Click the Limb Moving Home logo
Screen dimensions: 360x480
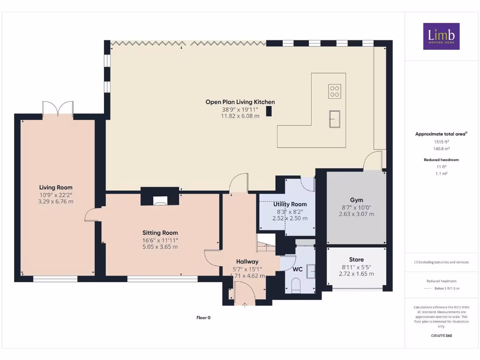(441, 36)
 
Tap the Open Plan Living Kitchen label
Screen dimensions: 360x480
(240, 102)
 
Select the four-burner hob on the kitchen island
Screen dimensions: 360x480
(335, 91)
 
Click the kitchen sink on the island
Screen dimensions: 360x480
(335, 119)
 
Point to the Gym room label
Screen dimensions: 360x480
(356, 200)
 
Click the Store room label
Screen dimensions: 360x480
(356, 259)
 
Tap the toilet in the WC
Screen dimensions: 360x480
(296, 285)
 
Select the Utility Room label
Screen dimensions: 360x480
(290, 204)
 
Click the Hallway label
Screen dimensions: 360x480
(247, 262)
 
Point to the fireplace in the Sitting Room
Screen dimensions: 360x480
(160, 202)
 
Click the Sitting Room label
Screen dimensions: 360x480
(160, 232)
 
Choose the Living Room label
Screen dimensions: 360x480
(56, 187)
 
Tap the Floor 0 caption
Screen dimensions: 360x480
(203, 317)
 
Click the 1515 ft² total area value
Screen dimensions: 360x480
(441, 141)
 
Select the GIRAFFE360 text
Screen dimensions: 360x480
(441, 336)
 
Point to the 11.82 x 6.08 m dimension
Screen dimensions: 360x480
(240, 116)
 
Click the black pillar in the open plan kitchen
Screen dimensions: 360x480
(269, 111)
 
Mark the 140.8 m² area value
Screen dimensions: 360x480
(441, 148)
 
